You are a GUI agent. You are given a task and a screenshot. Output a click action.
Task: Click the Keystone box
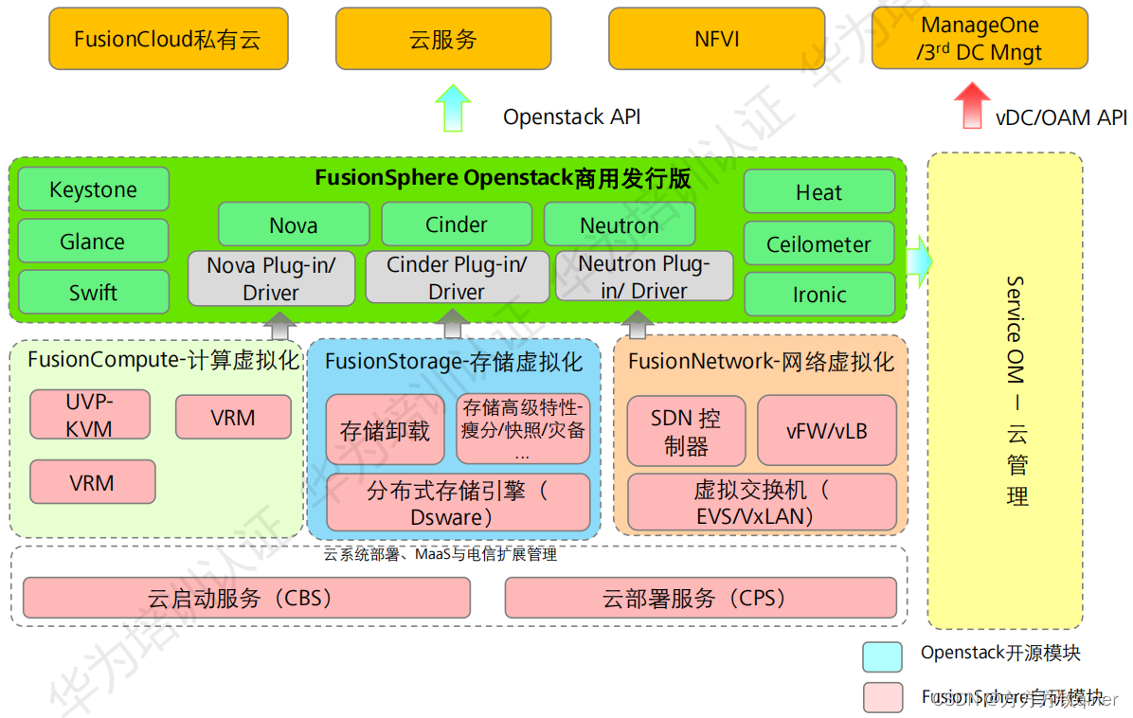[x=93, y=189]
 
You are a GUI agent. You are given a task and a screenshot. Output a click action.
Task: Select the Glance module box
[x=93, y=242]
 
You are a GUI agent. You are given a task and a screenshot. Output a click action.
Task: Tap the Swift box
[x=93, y=293]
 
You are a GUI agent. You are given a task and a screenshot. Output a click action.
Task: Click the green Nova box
[x=294, y=225]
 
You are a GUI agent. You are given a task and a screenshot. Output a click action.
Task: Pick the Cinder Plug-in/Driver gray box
[x=456, y=278]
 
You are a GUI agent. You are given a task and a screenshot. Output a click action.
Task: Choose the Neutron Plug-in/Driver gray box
[x=644, y=277]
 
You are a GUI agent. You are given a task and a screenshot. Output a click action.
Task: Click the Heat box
[x=818, y=192]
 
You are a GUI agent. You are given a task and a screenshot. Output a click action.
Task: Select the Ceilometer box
[x=818, y=244]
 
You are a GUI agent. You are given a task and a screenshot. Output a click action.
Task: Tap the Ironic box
[x=818, y=295]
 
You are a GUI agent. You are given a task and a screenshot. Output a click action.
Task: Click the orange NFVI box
[x=716, y=40]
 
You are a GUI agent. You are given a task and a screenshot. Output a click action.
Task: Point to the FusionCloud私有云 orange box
[x=167, y=40]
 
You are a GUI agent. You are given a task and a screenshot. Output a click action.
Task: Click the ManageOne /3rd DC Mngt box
[x=980, y=40]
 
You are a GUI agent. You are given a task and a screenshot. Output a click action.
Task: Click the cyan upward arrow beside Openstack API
[x=453, y=108]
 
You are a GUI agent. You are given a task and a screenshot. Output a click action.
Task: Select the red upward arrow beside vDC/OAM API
[x=970, y=105]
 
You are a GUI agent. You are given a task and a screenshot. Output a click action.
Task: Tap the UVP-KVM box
[x=90, y=415]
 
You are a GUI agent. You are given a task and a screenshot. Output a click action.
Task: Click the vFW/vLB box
[x=826, y=431]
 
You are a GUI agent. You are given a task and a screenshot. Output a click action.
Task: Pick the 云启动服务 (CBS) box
[x=246, y=599]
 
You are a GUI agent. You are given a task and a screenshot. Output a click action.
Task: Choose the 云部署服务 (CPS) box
[x=700, y=599]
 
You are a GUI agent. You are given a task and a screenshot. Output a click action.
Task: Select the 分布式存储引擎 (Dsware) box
[x=458, y=503]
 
